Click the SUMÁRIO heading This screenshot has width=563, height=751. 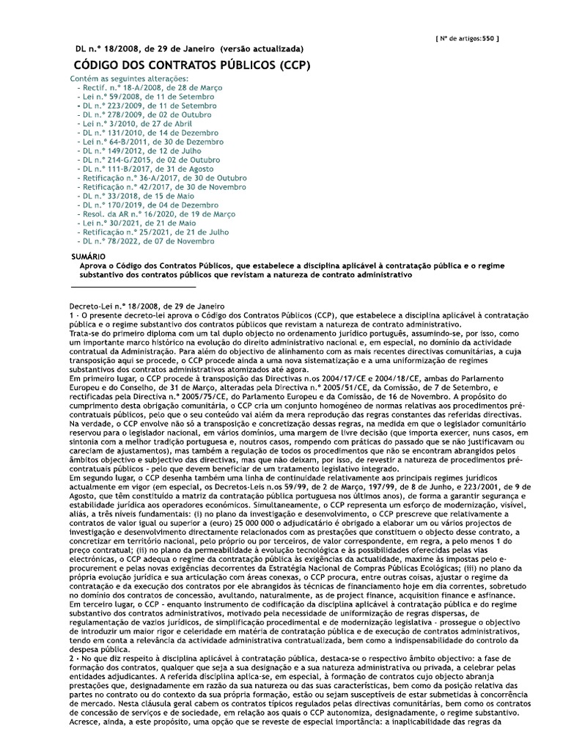[x=88, y=255]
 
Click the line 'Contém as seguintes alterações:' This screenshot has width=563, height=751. [x=128, y=78]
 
